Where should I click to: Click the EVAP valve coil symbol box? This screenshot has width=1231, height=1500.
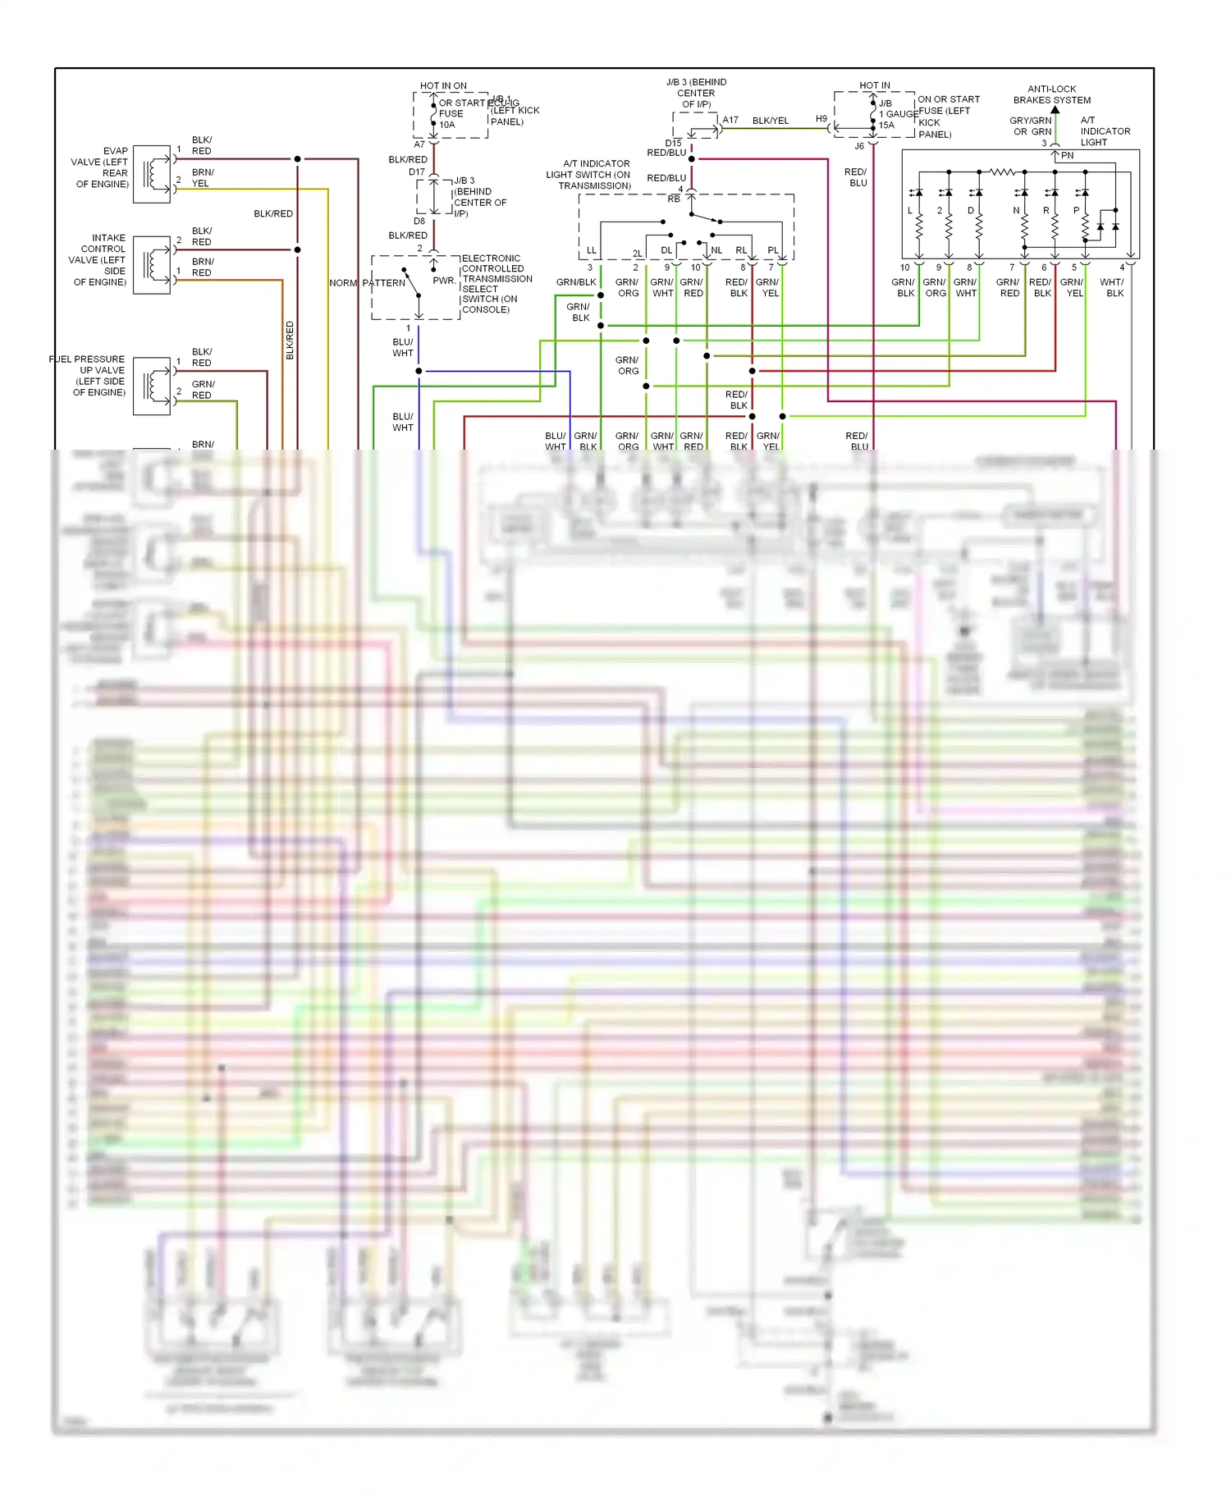click(x=151, y=174)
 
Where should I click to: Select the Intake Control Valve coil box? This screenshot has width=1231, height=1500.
click(x=151, y=265)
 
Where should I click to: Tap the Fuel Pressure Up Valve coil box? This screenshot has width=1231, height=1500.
click(x=151, y=386)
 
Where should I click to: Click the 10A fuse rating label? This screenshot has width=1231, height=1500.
click(x=446, y=125)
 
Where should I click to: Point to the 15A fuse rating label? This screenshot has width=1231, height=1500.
click(x=886, y=126)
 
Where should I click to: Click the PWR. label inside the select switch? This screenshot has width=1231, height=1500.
click(x=444, y=281)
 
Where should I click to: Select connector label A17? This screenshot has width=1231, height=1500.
click(x=730, y=120)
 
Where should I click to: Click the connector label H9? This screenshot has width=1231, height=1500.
click(x=821, y=119)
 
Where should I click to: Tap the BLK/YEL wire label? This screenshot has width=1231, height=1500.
click(x=770, y=121)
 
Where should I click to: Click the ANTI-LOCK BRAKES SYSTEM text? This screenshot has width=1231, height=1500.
click(x=1051, y=94)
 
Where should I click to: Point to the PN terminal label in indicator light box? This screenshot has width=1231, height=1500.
click(x=1067, y=155)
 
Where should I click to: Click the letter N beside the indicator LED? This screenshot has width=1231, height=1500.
click(x=1016, y=211)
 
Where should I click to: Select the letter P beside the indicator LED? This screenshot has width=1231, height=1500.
click(x=1076, y=211)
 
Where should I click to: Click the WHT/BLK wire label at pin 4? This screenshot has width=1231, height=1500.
click(x=1112, y=287)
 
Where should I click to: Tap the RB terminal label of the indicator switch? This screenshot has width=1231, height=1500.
click(x=673, y=199)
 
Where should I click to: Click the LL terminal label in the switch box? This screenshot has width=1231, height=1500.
click(x=591, y=250)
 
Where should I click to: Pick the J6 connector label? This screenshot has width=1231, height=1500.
click(x=859, y=146)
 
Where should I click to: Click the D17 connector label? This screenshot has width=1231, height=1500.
click(x=417, y=172)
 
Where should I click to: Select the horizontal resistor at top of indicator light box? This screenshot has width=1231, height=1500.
click(x=1002, y=171)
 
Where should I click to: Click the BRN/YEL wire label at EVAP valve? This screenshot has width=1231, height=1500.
click(x=203, y=178)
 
